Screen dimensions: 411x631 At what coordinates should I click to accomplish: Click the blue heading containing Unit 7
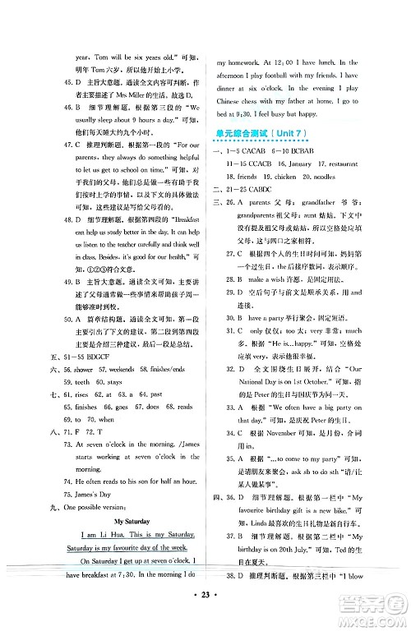[x=262, y=135]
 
